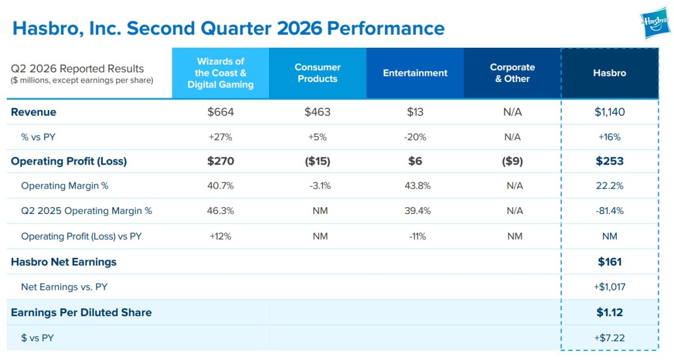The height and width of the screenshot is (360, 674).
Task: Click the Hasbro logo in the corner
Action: [x=656, y=23]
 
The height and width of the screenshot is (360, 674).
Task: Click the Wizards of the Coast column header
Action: [x=221, y=73]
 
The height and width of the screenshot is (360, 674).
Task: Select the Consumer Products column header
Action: [x=317, y=73]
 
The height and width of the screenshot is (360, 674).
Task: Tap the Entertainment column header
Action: [x=415, y=73]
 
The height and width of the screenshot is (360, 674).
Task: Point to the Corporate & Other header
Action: [x=512, y=73]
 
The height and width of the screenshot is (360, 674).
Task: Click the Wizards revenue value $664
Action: [x=221, y=112]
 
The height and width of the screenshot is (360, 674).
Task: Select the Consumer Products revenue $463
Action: [x=317, y=112]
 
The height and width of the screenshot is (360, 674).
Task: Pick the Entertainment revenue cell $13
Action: [x=415, y=112]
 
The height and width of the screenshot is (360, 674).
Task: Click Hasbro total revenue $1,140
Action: [x=609, y=112]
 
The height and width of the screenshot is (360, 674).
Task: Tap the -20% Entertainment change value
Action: [x=415, y=137]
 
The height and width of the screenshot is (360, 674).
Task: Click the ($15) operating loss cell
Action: [x=317, y=161]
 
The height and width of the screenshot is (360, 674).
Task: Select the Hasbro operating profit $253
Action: [x=609, y=161]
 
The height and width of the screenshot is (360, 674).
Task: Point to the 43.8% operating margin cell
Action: [x=417, y=186]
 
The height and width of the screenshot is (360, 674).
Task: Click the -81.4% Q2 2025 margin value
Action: [x=609, y=211]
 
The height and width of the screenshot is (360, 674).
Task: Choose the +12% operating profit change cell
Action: [x=221, y=236]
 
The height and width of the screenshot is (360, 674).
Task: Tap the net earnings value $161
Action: [x=609, y=262]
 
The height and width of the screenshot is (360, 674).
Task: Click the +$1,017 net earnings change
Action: [x=609, y=287]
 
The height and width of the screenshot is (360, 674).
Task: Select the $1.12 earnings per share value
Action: [x=609, y=312]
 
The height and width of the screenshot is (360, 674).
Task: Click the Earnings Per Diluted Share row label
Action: [x=81, y=312]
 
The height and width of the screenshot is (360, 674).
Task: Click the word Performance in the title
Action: [x=386, y=28]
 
